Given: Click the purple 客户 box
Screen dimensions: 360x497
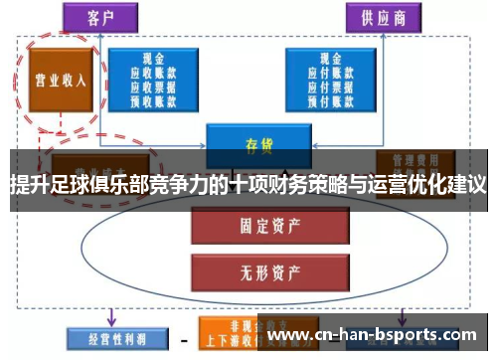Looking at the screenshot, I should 103,17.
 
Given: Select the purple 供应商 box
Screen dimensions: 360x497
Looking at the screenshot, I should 383,17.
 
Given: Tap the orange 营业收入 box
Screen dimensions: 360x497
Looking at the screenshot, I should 57,81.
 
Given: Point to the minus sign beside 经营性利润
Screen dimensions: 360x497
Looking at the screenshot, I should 183,338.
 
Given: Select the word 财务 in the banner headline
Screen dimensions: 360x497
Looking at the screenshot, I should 301,185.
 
